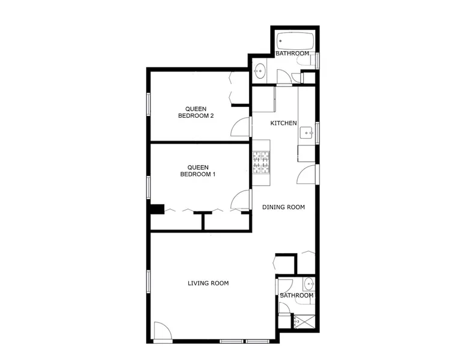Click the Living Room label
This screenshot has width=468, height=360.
[208, 283]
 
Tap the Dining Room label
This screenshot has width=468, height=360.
[283, 207]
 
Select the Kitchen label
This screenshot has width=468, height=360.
[283, 123]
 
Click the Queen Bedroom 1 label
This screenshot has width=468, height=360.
[197, 171]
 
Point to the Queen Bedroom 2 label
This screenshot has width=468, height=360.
[196, 112]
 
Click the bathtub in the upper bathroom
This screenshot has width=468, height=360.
[295, 41]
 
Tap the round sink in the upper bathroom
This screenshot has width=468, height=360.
[260, 71]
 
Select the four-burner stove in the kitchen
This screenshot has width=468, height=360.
[261, 162]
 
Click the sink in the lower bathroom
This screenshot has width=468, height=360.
[309, 284]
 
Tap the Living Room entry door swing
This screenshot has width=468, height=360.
[162, 331]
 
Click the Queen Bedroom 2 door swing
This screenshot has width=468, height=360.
[240, 127]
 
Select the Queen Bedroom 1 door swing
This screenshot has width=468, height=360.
[240, 200]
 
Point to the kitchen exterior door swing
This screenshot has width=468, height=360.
[306, 174]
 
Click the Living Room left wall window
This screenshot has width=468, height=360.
[148, 281]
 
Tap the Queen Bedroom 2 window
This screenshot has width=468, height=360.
[148, 104]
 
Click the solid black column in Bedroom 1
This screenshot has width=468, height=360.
[157, 209]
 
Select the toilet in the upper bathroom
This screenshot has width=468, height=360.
[304, 61]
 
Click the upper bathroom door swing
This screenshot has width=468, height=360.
[283, 77]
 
